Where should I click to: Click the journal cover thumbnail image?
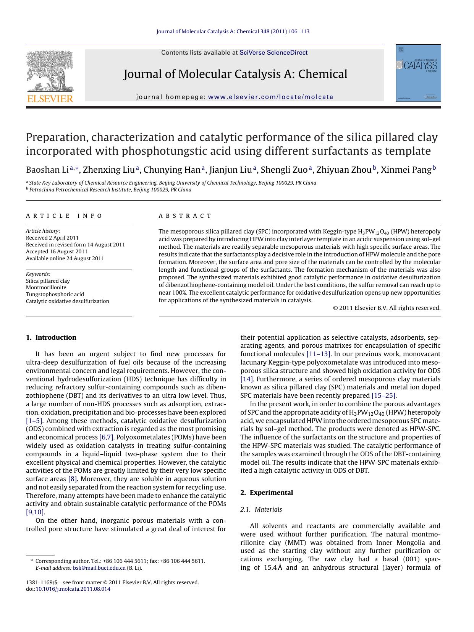click(x=418, y=73)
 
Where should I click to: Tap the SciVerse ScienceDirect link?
click(x=273, y=53)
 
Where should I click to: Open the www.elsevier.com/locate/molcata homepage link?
click(x=271, y=97)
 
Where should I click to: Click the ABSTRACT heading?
click(x=185, y=216)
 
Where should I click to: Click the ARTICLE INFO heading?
click(x=64, y=216)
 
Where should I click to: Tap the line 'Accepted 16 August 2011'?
click(x=57, y=251)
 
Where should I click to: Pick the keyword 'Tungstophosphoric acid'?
click(x=55, y=294)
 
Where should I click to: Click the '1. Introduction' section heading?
click(x=51, y=337)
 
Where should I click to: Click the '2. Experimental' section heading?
click(x=267, y=493)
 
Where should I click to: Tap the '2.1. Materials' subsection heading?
click(x=261, y=509)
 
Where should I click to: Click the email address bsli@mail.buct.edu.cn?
click(x=99, y=568)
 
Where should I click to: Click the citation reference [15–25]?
click(x=383, y=395)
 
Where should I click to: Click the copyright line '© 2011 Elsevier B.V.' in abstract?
click(x=387, y=308)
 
